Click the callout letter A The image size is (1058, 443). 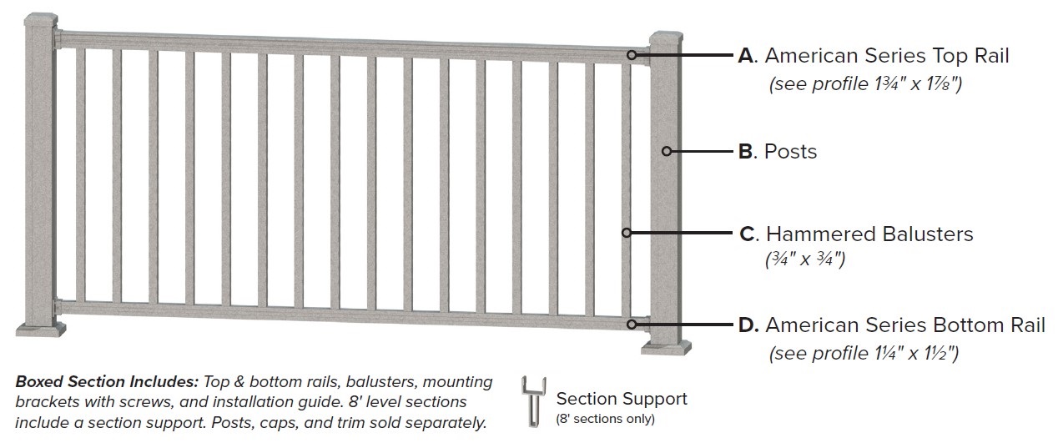tap(746, 56)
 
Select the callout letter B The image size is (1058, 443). tap(747, 152)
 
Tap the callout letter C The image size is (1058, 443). tap(748, 234)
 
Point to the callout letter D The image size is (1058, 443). tap(748, 325)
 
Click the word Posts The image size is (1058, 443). tap(790, 152)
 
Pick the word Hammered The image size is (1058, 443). tap(815, 234)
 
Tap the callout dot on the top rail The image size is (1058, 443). tap(632, 55)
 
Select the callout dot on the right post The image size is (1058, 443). tap(667, 151)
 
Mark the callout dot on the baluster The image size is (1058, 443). tap(625, 233)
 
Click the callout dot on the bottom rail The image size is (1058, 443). tap(632, 324)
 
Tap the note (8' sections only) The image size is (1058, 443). tap(605, 418)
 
